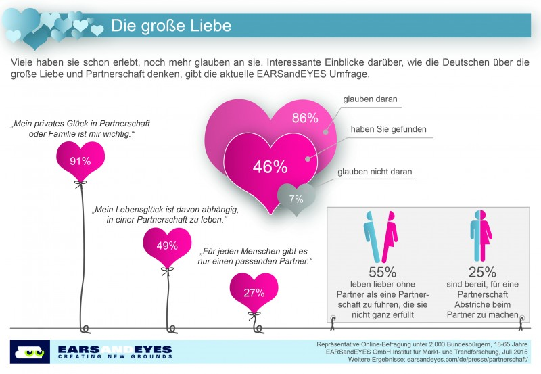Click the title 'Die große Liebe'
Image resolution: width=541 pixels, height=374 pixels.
(x=170, y=26)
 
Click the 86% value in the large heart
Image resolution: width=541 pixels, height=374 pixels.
(x=304, y=118)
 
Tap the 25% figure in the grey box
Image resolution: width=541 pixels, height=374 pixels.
(x=482, y=273)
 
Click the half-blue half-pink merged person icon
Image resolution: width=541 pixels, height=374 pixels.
(x=482, y=233)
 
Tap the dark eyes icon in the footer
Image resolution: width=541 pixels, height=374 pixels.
(x=30, y=352)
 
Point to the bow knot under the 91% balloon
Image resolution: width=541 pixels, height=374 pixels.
(x=80, y=183)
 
